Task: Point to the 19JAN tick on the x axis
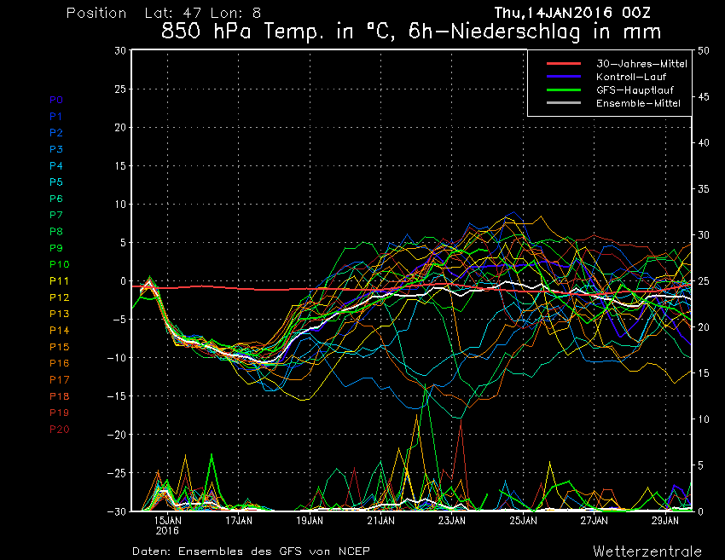point(310,520)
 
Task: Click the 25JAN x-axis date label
point(523,520)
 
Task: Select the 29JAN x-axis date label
point(665,520)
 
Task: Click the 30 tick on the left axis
point(120,50)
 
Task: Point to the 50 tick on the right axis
point(704,50)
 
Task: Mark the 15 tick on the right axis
point(704,373)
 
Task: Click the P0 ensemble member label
point(56,100)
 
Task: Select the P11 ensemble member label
point(59,281)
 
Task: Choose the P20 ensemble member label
point(59,429)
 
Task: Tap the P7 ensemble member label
point(56,215)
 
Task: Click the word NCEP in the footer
point(353,551)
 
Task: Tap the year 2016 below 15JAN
point(167,530)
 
